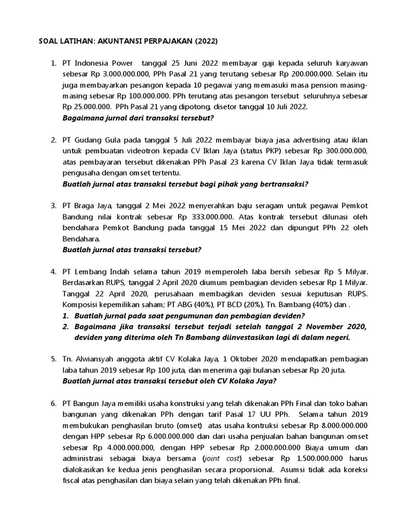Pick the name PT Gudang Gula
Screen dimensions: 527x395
tap(89, 140)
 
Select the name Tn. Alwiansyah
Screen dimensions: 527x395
tap(88, 359)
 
